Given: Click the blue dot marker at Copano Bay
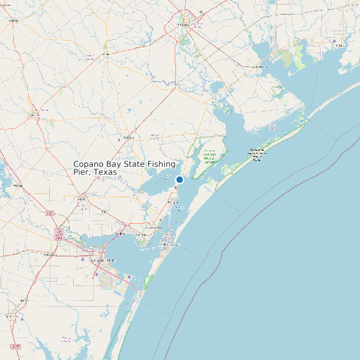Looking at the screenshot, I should (x=179, y=179).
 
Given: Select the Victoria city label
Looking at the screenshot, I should (x=183, y=25).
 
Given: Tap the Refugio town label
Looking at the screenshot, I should (x=128, y=137).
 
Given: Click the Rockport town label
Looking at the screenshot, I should (x=174, y=202).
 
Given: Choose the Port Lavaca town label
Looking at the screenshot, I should (x=260, y=66).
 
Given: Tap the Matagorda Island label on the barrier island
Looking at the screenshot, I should (x=256, y=153).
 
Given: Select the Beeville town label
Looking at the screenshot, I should (x=35, y=114).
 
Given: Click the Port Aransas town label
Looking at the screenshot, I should (x=171, y=245).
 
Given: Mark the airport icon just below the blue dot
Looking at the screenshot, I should (x=175, y=189).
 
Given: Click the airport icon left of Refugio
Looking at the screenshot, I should (x=118, y=139).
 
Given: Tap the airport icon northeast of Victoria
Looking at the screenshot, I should (x=201, y=12).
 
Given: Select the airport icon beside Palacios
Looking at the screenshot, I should (x=333, y=41).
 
